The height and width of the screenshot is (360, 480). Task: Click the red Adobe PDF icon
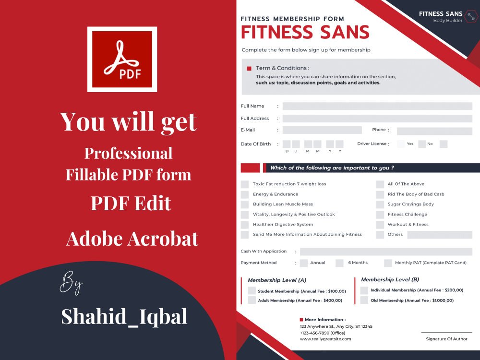(122, 59)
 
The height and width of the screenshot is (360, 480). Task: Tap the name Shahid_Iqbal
(124, 317)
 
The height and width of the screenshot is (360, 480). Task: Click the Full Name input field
(377, 106)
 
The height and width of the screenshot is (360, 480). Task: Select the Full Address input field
(377, 119)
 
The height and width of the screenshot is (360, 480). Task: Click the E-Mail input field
(322, 130)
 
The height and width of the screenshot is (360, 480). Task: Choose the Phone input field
(434, 131)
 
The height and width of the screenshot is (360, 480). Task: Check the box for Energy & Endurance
(245, 194)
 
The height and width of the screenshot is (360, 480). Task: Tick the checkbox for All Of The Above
(380, 184)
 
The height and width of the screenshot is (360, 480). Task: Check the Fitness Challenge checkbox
(380, 215)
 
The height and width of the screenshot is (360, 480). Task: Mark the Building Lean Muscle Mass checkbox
(245, 204)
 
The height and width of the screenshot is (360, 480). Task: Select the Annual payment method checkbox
(304, 263)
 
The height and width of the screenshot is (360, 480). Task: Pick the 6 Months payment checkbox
(340, 263)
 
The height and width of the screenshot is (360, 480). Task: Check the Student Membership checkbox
(252, 291)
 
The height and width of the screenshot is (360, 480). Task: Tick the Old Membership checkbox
(364, 300)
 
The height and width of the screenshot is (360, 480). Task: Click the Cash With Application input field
(386, 252)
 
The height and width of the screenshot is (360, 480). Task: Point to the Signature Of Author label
(446, 339)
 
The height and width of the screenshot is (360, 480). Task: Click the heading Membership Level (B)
(390, 279)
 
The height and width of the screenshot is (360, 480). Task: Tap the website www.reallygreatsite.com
(325, 339)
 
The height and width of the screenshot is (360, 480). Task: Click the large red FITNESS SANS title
(305, 32)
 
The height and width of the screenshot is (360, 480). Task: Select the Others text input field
(440, 235)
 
